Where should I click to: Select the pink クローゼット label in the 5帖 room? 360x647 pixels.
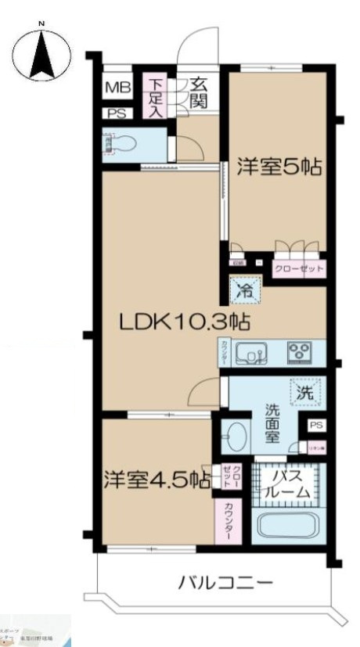coord(297,268)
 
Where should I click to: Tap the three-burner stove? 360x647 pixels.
coord(298,352)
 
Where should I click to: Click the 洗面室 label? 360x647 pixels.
coord(272,422)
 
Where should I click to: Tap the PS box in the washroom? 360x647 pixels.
coord(315,425)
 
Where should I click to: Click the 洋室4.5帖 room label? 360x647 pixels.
coord(156,479)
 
